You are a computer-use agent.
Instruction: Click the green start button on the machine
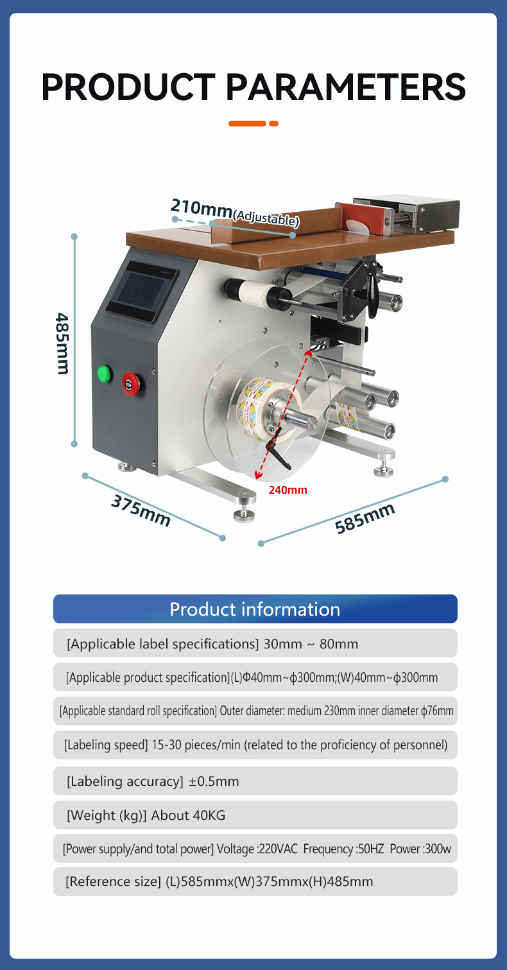click(x=105, y=373)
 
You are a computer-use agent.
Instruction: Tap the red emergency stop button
click(x=130, y=384)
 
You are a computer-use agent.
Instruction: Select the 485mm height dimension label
click(x=63, y=343)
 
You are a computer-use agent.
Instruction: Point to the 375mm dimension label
click(x=141, y=510)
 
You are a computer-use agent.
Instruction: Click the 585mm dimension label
click(x=365, y=518)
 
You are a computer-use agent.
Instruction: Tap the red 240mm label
click(x=288, y=490)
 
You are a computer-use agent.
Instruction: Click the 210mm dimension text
click(x=202, y=208)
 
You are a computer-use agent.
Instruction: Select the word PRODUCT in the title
click(x=128, y=87)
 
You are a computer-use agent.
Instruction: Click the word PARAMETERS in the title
click(x=345, y=87)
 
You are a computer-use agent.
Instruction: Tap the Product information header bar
click(x=255, y=609)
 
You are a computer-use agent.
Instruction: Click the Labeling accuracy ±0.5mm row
click(x=255, y=781)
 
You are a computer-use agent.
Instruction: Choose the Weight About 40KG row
click(x=255, y=815)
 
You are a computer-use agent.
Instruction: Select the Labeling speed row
click(x=255, y=745)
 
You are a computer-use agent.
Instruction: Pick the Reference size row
click(x=255, y=881)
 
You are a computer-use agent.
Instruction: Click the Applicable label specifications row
click(x=255, y=643)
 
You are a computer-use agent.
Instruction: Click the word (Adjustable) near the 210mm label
click(x=266, y=218)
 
